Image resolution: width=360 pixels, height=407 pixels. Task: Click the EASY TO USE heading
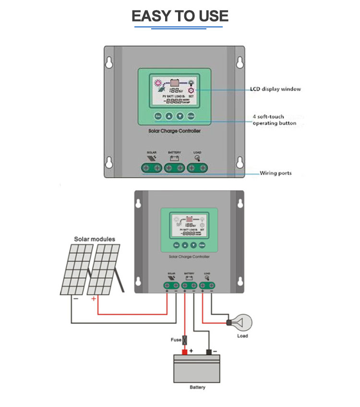(x=180, y=16)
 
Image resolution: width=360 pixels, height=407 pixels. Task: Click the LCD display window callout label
(x=275, y=89)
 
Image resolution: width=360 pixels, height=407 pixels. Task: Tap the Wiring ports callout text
(x=276, y=173)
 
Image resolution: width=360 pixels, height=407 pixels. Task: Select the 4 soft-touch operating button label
(x=274, y=120)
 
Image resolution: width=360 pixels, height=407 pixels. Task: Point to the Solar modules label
(x=95, y=239)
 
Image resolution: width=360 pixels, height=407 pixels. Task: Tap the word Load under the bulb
(x=242, y=336)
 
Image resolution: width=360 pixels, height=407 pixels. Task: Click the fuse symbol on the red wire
(x=184, y=340)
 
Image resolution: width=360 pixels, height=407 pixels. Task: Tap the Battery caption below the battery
(x=197, y=387)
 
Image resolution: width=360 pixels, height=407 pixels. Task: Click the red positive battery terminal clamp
(x=184, y=352)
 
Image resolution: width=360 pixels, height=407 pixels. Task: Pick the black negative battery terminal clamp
(x=209, y=352)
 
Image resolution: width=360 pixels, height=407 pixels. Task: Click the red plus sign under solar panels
(x=93, y=299)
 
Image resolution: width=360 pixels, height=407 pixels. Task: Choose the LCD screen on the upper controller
(x=174, y=92)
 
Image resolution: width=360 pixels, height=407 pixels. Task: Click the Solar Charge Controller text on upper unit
(x=174, y=131)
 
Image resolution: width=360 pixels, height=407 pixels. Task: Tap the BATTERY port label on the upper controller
(x=174, y=153)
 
